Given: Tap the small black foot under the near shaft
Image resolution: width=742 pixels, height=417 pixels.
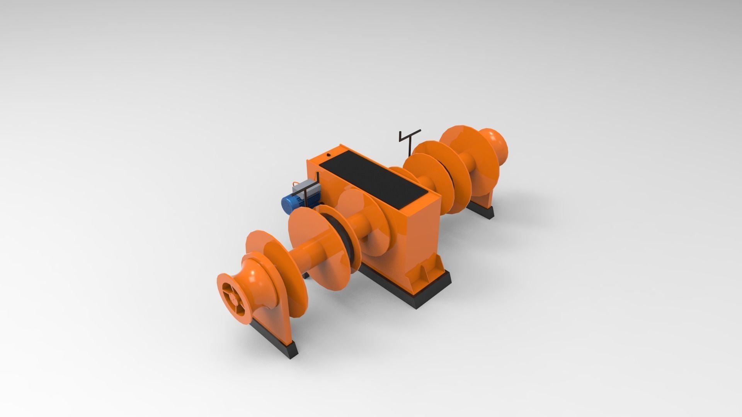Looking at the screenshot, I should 306,275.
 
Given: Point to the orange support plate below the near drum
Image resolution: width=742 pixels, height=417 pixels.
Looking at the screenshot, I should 271,309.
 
